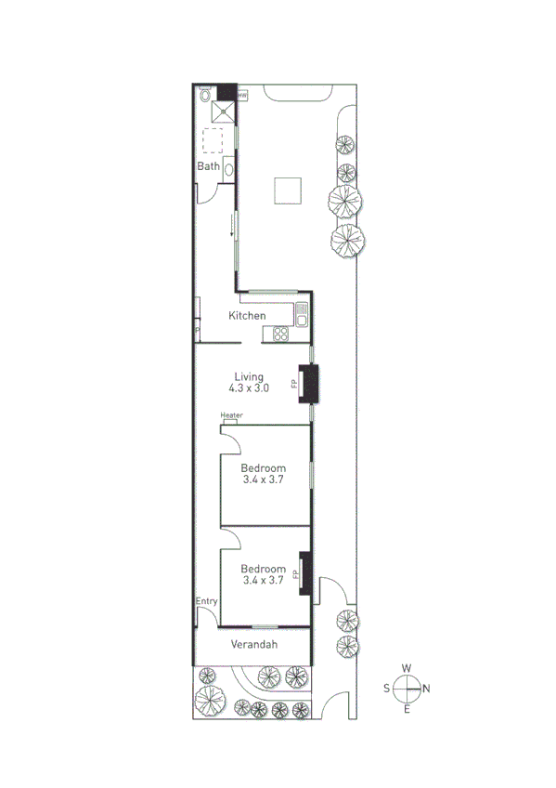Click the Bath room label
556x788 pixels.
pyautogui.click(x=208, y=167)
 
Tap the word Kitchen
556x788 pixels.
pyautogui.click(x=248, y=316)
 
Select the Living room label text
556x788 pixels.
pyautogui.click(x=249, y=376)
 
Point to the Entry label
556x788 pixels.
pyautogui.click(x=206, y=602)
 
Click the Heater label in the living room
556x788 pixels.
pyautogui.click(x=231, y=415)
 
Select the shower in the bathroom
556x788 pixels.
pyautogui.click(x=224, y=112)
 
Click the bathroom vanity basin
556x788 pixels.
pyautogui.click(x=228, y=170)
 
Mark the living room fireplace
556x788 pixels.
pyautogui.click(x=307, y=384)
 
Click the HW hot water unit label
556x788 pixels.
pyautogui.click(x=241, y=94)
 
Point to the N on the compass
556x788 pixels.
pyautogui.click(x=427, y=689)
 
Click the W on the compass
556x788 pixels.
pyautogui.click(x=407, y=668)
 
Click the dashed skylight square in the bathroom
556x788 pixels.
pyautogui.click(x=213, y=139)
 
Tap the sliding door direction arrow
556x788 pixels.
pyautogui.click(x=232, y=226)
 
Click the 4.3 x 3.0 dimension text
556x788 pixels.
pyautogui.click(x=249, y=388)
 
